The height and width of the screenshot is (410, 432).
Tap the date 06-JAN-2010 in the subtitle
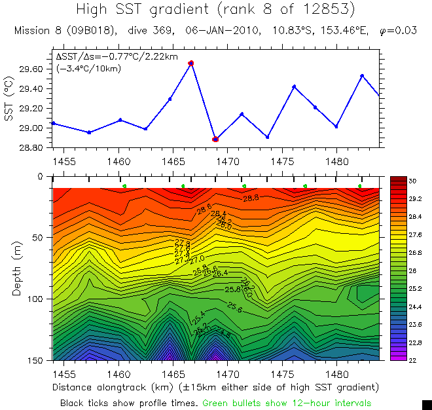click(x=221, y=31)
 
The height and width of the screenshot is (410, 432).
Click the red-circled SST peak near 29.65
click(x=190, y=63)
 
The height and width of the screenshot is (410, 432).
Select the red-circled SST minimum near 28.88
click(x=215, y=139)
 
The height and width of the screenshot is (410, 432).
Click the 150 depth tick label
click(x=38, y=360)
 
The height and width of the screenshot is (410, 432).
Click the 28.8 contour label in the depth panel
click(x=251, y=197)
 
